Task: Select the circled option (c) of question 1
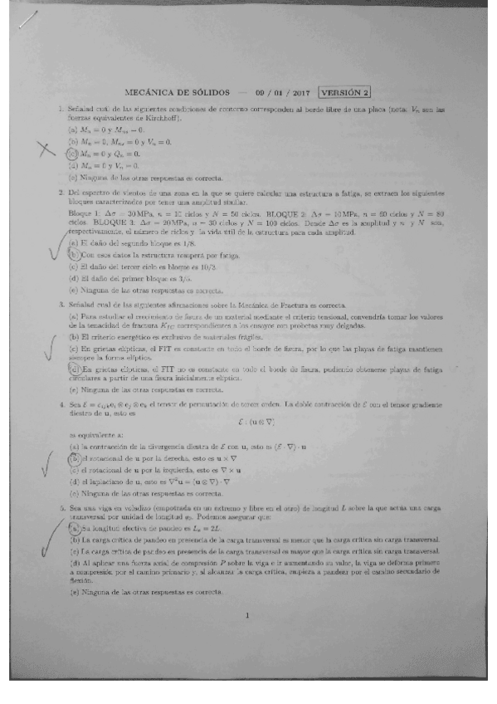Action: pos(72,154)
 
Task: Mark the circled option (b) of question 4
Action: pos(73,457)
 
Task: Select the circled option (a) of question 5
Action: pos(73,527)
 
